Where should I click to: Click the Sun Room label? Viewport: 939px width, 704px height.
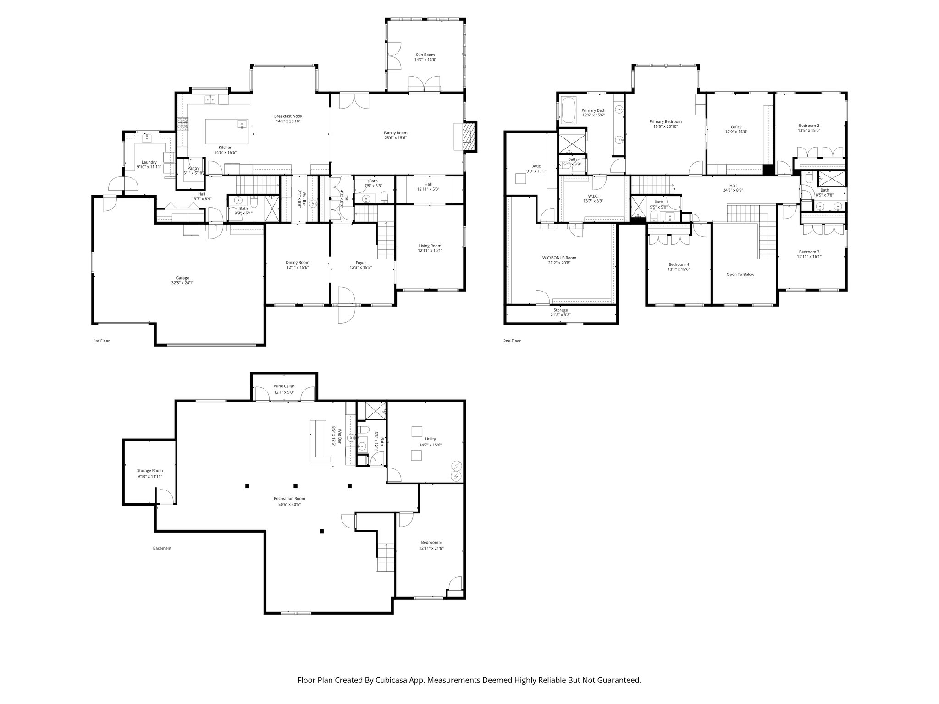pos(425,55)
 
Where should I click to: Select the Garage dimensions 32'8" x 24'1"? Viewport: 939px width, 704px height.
pos(182,283)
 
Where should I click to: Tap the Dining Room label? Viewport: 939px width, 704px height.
pos(298,263)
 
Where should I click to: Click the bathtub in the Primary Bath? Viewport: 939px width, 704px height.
pos(569,110)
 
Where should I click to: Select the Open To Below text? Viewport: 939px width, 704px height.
pos(740,275)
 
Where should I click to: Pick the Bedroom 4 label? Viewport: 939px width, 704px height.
pos(679,264)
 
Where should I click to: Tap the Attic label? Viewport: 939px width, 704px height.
pos(536,166)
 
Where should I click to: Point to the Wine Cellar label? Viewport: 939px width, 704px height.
pos(284,386)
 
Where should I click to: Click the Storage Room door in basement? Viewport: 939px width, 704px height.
pos(165,497)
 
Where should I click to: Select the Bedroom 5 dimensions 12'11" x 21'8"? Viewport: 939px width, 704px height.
pos(431,548)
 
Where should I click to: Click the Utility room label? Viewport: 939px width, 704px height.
pos(430,439)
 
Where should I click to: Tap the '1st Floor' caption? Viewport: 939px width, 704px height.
pos(102,341)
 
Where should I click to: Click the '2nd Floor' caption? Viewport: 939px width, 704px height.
pos(512,341)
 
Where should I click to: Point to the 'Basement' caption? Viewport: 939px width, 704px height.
pos(162,548)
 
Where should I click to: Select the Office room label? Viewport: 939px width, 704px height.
pos(736,127)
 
